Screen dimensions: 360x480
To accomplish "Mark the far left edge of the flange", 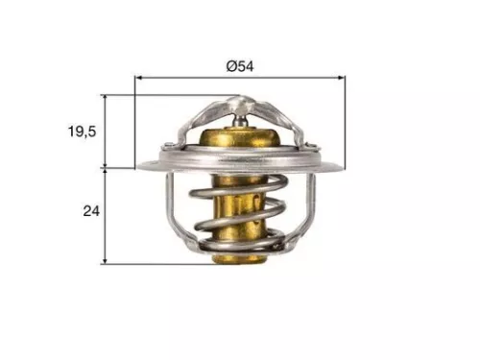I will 138,165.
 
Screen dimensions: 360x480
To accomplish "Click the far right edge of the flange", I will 342,164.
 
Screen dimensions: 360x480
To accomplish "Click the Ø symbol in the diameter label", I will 230,65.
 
